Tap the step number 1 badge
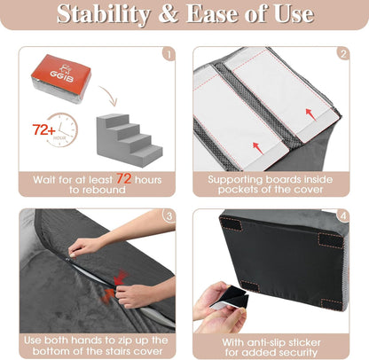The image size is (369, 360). [167, 53]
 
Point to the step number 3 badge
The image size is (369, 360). [167, 216]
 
